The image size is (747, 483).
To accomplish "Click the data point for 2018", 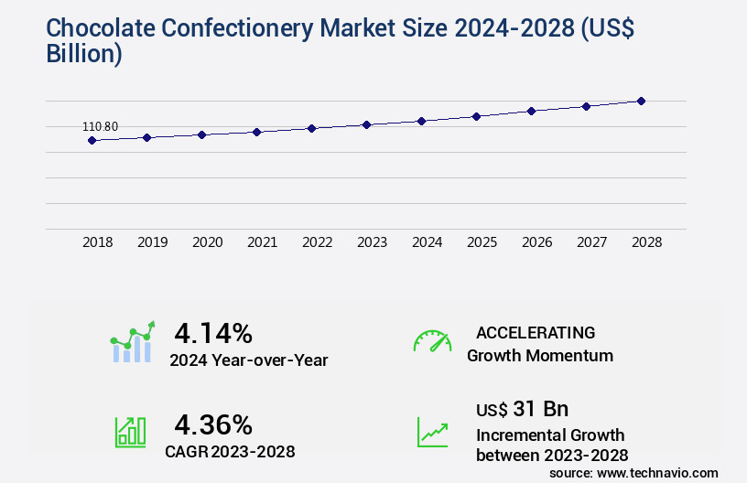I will point(92,140).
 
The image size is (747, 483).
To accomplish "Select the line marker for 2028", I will point(641,101).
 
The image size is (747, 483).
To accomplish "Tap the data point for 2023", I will point(366,124).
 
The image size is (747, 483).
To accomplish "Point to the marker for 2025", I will point(476,116).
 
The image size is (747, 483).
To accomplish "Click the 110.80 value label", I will point(101,126).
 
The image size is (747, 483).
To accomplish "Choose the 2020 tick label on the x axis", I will point(208,242).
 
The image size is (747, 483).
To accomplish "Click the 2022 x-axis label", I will point(318,242).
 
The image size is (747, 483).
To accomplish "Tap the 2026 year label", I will point(537,242).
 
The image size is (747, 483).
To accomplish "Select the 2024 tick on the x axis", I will point(428,242).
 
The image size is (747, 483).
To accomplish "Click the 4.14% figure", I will point(213,332).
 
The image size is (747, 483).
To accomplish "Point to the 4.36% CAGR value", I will point(213,424).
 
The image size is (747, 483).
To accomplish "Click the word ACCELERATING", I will point(536,332).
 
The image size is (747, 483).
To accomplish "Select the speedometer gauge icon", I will point(432,340).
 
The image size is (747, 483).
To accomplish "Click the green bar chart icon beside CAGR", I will point(130,432).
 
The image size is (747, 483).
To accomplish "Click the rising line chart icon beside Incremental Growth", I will point(432,432).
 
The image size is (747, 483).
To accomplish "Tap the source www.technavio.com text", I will point(633,473).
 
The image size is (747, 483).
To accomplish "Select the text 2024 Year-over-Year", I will point(248,360).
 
